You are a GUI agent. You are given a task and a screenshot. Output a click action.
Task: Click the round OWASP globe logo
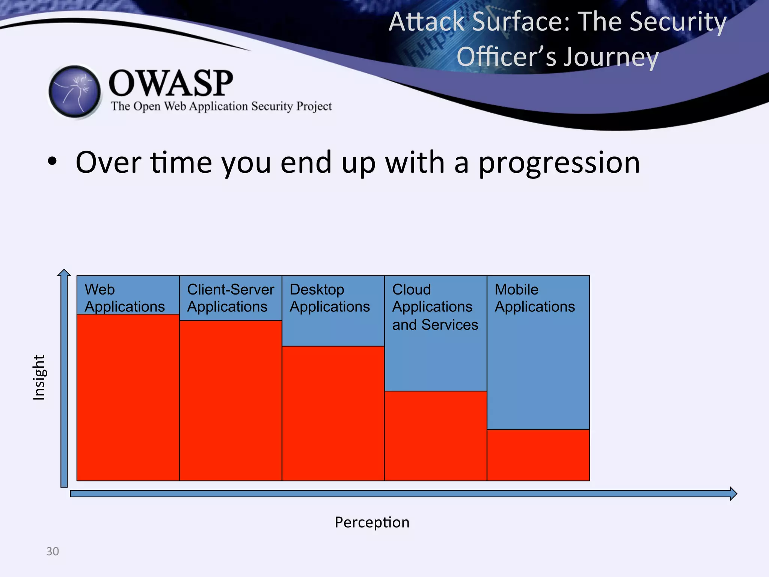pyautogui.click(x=75, y=92)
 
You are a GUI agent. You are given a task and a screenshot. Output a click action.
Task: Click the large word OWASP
pyautogui.click(x=171, y=83)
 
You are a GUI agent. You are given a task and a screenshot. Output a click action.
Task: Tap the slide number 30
pyautogui.click(x=53, y=551)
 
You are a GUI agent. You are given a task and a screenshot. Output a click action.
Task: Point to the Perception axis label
pyautogui.click(x=372, y=522)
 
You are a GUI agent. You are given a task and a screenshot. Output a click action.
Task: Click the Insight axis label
pyautogui.click(x=39, y=377)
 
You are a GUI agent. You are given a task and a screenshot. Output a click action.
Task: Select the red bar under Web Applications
pyautogui.click(x=128, y=397)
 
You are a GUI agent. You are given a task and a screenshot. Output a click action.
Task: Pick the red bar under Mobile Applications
pyautogui.click(x=538, y=455)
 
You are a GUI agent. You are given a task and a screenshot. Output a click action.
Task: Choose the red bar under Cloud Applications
pyautogui.click(x=436, y=436)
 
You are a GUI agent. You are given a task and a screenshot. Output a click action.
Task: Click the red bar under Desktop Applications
pyautogui.click(x=333, y=413)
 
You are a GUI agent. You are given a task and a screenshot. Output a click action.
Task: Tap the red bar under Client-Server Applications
pyautogui.click(x=231, y=400)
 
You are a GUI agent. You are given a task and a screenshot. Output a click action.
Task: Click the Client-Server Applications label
pyautogui.click(x=230, y=298)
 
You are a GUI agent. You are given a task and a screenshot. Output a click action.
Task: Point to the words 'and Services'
pyautogui.click(x=435, y=325)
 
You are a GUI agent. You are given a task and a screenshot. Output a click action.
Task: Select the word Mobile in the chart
pyautogui.click(x=516, y=290)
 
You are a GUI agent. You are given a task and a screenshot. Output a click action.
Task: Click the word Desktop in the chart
pyautogui.click(x=317, y=290)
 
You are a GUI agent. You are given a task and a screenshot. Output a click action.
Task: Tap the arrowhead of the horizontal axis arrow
pyautogui.click(x=733, y=493)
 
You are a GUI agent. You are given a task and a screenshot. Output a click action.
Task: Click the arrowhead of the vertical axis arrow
pyautogui.click(x=64, y=273)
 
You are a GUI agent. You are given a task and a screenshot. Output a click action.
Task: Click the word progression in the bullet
pyautogui.click(x=559, y=162)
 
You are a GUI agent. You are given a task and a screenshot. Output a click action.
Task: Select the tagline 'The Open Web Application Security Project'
pyautogui.click(x=221, y=106)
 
